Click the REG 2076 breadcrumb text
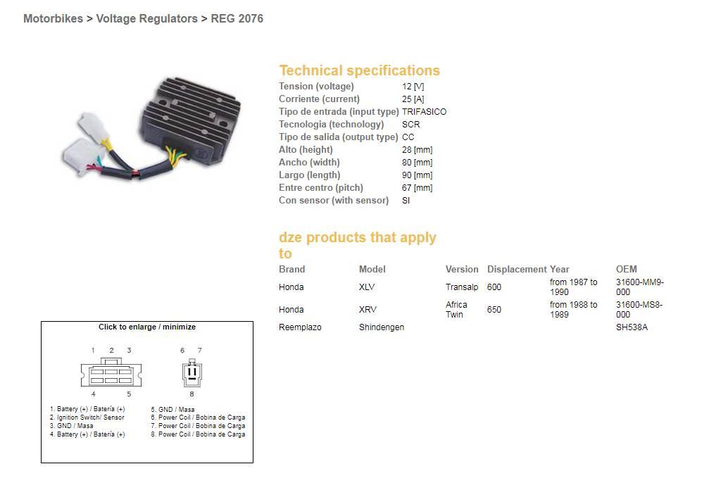[x=237, y=19]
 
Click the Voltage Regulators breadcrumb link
[x=146, y=19]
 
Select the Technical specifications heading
[x=359, y=70]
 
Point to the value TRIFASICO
[x=424, y=112]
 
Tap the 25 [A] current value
[x=413, y=99]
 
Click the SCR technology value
[x=410, y=125]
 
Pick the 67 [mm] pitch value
[x=417, y=188]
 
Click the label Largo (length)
[x=309, y=175]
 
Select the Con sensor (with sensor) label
[x=333, y=201]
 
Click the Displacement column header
[x=516, y=269]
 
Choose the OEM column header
[x=626, y=269]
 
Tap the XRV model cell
[x=367, y=310]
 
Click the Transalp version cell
[x=461, y=287]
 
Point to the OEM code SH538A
[x=632, y=327]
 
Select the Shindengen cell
[x=381, y=327]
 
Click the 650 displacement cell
[x=494, y=310]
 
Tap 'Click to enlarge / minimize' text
[x=147, y=327]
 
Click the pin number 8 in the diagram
[x=192, y=394]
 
